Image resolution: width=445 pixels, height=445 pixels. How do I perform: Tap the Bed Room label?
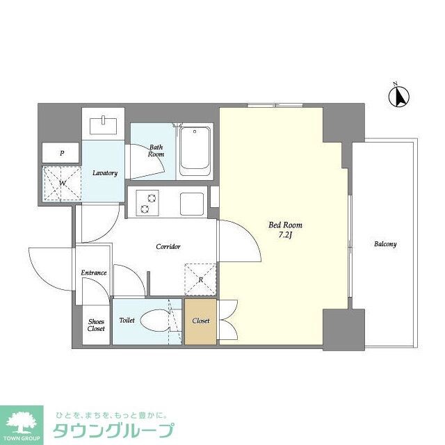point(285,225)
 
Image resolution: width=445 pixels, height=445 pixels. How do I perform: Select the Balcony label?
point(385,244)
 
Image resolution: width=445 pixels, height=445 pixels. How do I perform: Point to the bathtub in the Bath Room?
point(195,150)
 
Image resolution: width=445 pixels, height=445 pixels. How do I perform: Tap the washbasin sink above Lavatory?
point(105,125)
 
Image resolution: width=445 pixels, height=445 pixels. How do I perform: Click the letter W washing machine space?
point(61,183)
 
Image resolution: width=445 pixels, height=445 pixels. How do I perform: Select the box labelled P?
point(61,153)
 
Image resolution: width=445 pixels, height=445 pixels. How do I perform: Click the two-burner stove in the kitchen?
point(148,202)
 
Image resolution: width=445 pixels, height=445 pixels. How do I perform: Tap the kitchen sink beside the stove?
point(191,203)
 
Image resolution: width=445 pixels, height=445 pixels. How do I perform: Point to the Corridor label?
point(168,247)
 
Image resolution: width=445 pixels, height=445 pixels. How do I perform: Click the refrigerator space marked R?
point(199,280)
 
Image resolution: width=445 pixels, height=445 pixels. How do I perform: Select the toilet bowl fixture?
point(154,321)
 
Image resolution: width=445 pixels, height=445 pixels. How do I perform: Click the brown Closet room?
point(201,321)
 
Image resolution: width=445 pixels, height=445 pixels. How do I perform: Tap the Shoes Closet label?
point(96,325)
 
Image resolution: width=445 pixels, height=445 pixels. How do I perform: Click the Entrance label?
point(94,273)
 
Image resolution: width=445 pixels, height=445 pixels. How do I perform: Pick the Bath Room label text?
point(155,150)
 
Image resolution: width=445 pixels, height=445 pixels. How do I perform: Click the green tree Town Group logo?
point(22,421)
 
